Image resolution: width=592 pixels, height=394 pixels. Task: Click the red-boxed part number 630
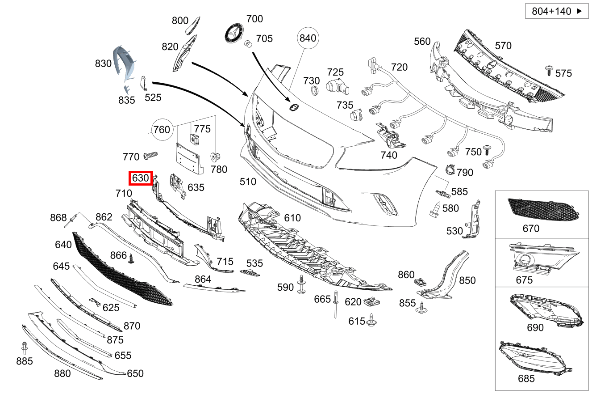[141, 178]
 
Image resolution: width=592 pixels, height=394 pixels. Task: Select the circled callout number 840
[308, 38]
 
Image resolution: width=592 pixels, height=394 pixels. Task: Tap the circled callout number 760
[161, 130]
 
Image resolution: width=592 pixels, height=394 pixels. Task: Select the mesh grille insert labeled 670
[542, 209]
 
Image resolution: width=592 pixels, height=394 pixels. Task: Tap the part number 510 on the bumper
[248, 182]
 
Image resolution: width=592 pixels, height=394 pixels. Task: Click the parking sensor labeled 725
[336, 87]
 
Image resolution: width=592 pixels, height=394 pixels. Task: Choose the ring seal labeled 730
[314, 92]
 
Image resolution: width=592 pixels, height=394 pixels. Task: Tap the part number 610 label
[292, 218]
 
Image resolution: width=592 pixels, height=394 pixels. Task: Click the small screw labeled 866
[131, 258]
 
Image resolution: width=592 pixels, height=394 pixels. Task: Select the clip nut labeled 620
[370, 301]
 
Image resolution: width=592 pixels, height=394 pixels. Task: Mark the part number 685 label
[526, 379]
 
